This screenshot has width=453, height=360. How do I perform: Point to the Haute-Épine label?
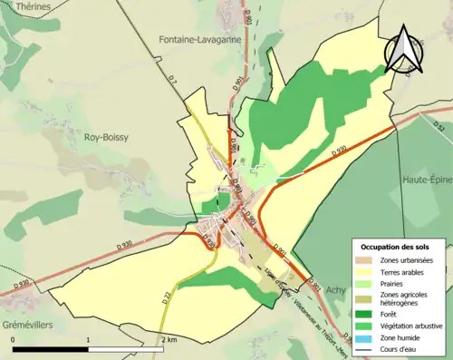(x=426, y=180)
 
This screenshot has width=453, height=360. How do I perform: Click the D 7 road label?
(x=175, y=85)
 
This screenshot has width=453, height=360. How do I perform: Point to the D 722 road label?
(x=167, y=297)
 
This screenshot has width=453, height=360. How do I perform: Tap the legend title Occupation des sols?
(x=396, y=247)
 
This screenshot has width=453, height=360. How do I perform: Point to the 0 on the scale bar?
(x=14, y=338)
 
